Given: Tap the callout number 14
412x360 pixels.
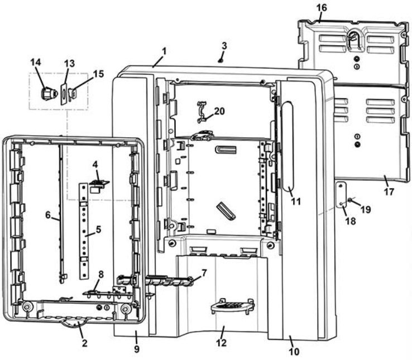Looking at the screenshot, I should click(x=36, y=63).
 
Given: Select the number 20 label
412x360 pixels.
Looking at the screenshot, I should click(x=219, y=111).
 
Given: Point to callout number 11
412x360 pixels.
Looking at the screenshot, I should click(x=296, y=200).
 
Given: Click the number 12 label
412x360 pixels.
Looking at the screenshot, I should click(x=221, y=343).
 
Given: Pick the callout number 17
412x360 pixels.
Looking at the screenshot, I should click(x=389, y=191).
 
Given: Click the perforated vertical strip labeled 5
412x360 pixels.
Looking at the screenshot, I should click(x=84, y=229).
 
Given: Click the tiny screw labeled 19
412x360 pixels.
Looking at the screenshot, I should click(x=349, y=200).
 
